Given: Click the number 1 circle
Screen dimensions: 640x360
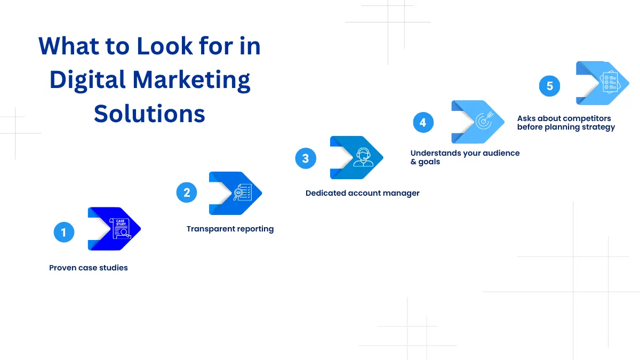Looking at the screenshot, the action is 64,232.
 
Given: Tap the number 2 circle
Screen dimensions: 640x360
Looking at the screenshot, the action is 187,193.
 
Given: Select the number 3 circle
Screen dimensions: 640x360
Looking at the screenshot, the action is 306,158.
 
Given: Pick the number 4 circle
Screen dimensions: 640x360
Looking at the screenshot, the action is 423,122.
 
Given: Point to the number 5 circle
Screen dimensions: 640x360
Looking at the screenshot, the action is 549,86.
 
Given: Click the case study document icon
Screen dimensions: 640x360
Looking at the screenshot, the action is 121,229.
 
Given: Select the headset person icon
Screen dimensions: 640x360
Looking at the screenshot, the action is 363,157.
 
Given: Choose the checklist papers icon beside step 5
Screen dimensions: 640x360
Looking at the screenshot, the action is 610,82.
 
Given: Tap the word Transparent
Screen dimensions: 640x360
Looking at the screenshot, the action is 210,229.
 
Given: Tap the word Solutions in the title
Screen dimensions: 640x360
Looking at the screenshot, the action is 149,114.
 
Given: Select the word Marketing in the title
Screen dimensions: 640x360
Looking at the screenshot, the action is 191,79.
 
